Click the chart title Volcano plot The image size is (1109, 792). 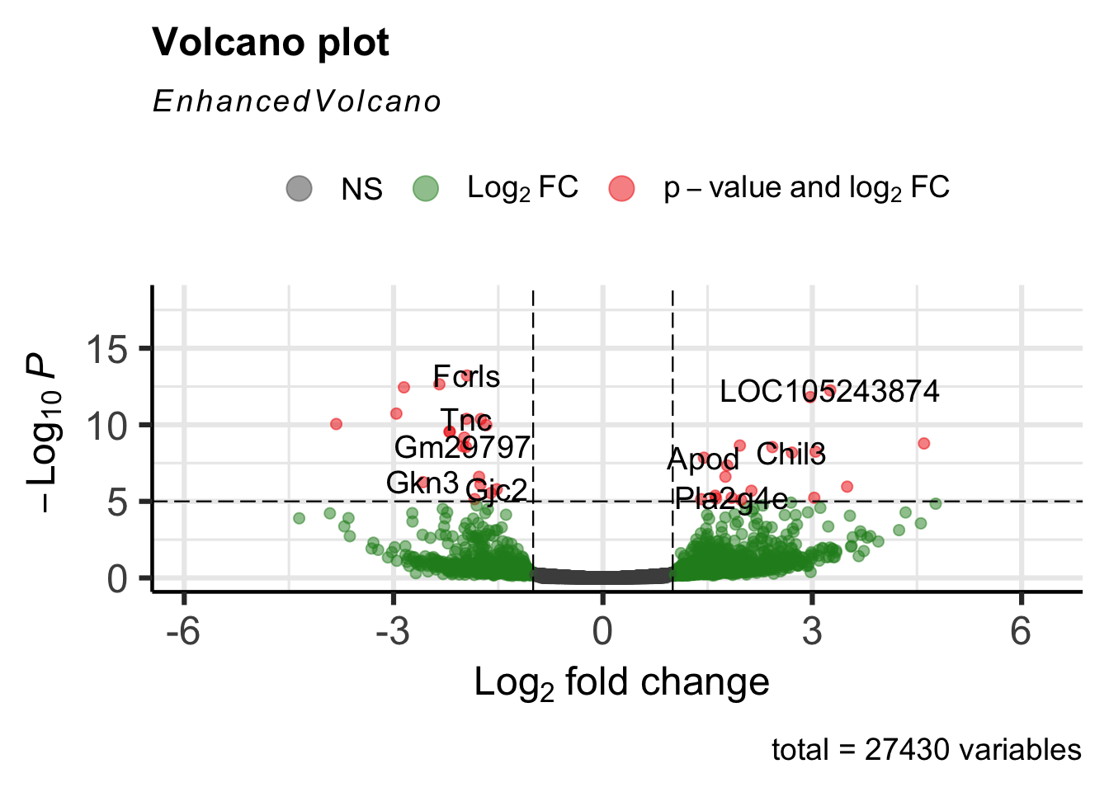pos(271,43)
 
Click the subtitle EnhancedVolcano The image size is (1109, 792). pos(297,101)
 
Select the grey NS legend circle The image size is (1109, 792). pos(299,188)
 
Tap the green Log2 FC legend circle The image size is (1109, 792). pos(425,188)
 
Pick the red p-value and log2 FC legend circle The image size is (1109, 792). pos(621,188)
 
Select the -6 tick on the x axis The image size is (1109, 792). pos(183,632)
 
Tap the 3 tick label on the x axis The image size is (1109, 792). pos(812,632)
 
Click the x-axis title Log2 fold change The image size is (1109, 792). pos(621,683)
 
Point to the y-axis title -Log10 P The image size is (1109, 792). pos(43,432)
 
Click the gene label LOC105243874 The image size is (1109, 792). pos(829,391)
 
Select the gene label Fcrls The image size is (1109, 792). pos(466,377)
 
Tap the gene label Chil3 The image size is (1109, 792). pos(790,455)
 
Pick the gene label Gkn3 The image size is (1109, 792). pos(422,483)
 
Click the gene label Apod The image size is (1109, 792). pos(702,460)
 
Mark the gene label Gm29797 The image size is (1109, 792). pos(462,447)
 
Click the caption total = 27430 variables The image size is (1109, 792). pos(926,750)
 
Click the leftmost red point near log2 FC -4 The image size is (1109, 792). pos(336,424)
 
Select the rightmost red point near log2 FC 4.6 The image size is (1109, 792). pos(923,444)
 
